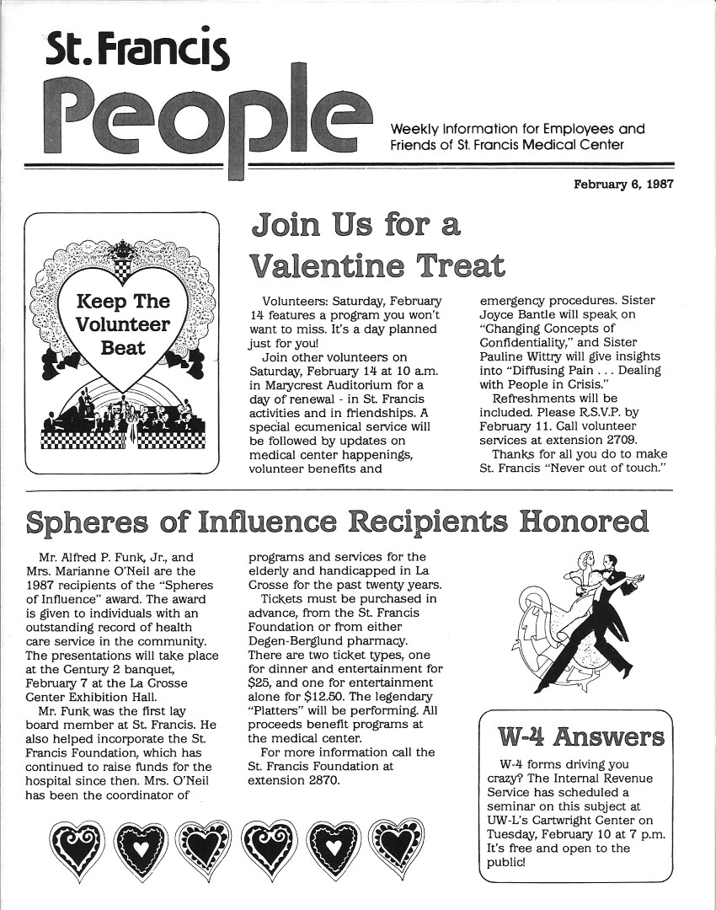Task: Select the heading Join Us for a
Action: (355, 227)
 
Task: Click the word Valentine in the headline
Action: (324, 265)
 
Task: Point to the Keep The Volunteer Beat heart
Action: (124, 324)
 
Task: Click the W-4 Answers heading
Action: (576, 737)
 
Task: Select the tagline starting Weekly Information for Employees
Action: (517, 136)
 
